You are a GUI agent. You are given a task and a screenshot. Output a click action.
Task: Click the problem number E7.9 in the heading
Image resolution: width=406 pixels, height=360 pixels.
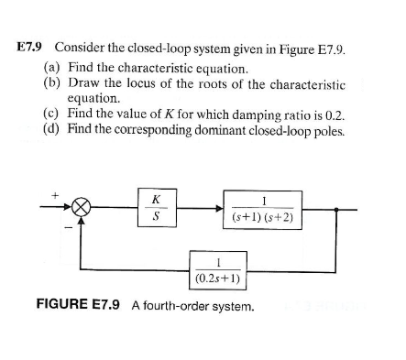34,45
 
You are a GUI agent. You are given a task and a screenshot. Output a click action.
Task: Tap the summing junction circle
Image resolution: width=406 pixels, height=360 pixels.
82,210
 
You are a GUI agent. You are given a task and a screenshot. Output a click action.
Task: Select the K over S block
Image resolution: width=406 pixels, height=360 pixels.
158,209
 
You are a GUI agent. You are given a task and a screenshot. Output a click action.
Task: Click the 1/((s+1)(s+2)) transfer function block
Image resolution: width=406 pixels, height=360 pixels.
263,210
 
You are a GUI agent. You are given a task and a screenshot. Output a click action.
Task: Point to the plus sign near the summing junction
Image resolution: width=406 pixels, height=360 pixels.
54,194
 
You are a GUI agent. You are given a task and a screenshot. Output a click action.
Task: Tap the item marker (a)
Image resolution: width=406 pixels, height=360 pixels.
52,67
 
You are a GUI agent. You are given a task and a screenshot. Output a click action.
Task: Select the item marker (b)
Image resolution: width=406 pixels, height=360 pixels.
52,82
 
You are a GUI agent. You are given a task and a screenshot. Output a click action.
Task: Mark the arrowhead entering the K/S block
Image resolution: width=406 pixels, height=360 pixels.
135,210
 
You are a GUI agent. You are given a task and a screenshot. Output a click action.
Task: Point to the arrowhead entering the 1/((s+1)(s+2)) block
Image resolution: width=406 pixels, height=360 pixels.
217,210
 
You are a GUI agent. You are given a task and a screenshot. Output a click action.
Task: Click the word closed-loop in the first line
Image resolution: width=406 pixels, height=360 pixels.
151,45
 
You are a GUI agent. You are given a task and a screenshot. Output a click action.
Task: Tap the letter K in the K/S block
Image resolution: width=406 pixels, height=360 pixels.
158,200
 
